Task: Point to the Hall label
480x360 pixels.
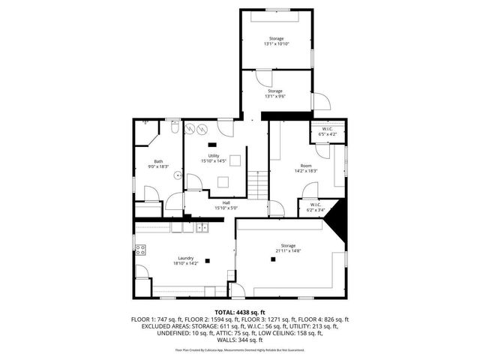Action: coord(226,203)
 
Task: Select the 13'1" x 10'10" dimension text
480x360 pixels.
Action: coord(277,44)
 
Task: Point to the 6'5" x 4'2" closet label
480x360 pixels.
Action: coord(327,133)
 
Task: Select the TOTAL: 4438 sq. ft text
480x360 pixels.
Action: coord(240,312)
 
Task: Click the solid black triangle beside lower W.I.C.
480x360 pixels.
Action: coord(334,217)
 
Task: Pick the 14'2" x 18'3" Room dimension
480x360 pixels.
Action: coord(305,170)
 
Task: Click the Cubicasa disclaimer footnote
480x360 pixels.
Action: coord(240,349)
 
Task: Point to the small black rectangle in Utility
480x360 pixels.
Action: coord(212,144)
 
